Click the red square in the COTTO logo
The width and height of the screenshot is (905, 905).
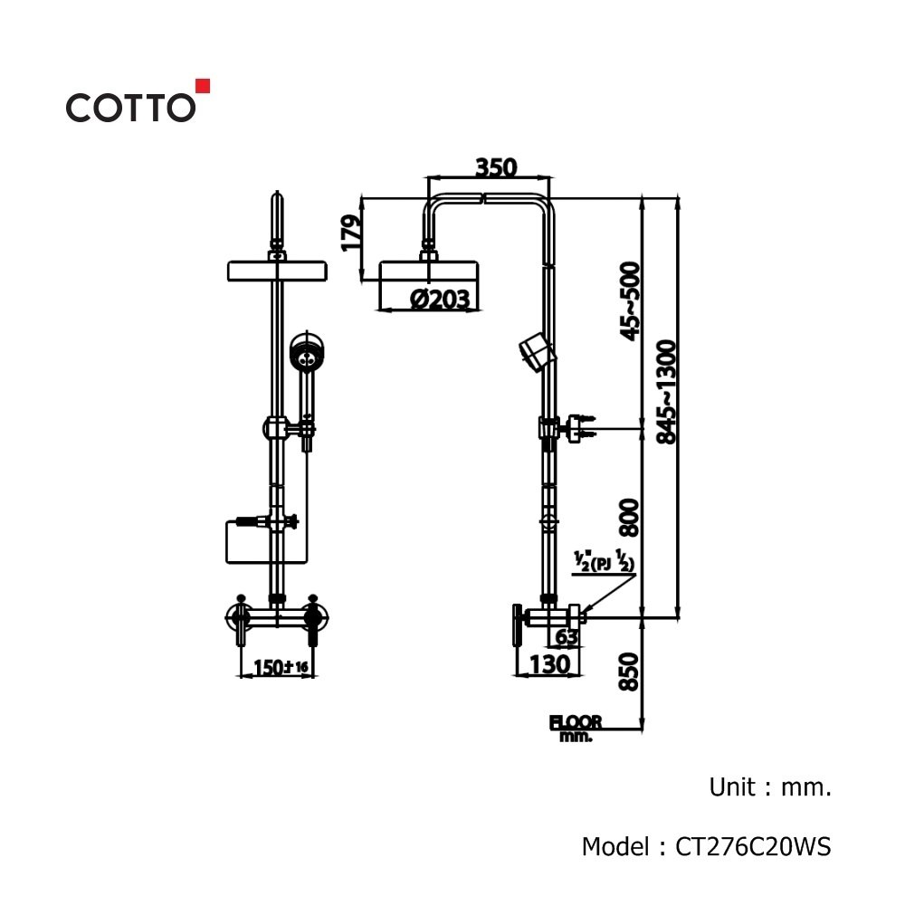pyautogui.click(x=203, y=85)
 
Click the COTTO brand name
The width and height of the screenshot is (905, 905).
pyautogui.click(x=131, y=108)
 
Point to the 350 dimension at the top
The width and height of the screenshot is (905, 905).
pyautogui.click(x=496, y=167)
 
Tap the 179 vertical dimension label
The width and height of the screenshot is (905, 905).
pyautogui.click(x=351, y=233)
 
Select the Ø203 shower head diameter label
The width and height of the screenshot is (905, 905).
pyautogui.click(x=440, y=299)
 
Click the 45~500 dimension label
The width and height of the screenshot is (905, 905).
pyautogui.click(x=630, y=301)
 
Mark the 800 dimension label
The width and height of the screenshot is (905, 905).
pyautogui.click(x=630, y=518)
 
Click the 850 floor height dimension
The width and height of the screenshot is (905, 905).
pyautogui.click(x=629, y=672)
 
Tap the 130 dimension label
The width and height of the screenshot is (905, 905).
pyautogui.click(x=549, y=663)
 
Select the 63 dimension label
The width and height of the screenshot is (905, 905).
pyautogui.click(x=567, y=636)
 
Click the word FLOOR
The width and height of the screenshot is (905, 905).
pyautogui.click(x=576, y=722)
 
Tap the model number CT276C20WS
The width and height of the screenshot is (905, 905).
pyautogui.click(x=753, y=847)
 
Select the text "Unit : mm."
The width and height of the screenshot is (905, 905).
pyautogui.click(x=770, y=786)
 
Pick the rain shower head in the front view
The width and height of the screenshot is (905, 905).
pyautogui.click(x=278, y=271)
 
